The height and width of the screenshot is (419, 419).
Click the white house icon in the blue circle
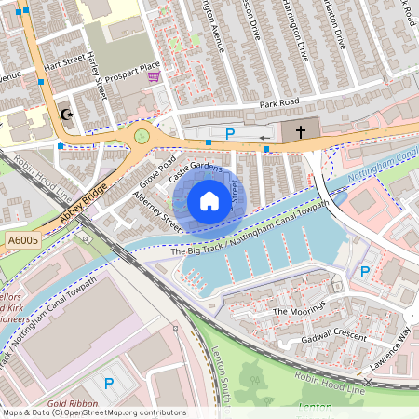coord(209,201)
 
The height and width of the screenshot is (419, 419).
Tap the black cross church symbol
coord(300,132)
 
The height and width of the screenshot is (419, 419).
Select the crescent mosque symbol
coord(66,115)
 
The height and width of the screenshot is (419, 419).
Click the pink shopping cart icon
coord(154,77)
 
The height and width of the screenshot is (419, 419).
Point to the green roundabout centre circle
coord(142,136)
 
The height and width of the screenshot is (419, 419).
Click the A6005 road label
coord(21,240)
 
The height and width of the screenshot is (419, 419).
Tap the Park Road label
coord(279,102)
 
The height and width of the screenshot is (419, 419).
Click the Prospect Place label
coord(132,73)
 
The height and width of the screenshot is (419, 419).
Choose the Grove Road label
coord(158,169)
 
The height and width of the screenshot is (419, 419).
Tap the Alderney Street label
coord(156,211)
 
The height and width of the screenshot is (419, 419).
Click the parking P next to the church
coord(230,134)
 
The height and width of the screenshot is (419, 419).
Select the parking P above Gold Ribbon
coord(109,383)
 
